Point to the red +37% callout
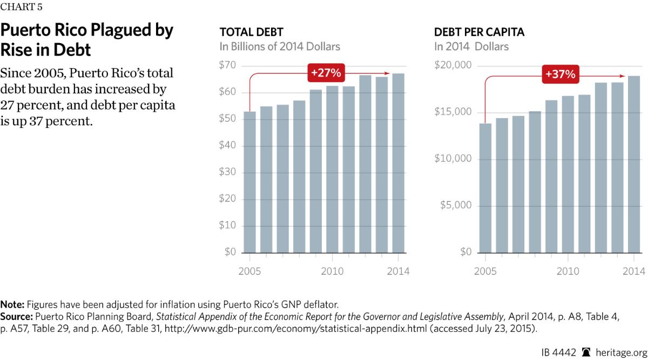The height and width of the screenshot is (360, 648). (x=560, y=74)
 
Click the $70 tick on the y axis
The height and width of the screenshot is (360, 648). (x=227, y=66)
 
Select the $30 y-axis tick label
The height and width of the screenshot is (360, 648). (x=227, y=172)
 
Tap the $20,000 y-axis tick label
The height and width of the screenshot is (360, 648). (x=453, y=66)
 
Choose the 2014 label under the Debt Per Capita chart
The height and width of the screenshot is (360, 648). (x=633, y=271)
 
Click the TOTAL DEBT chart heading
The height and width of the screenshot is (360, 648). (x=251, y=32)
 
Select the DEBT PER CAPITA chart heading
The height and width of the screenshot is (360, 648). (x=479, y=32)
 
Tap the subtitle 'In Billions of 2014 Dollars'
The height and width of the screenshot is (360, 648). (x=280, y=46)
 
